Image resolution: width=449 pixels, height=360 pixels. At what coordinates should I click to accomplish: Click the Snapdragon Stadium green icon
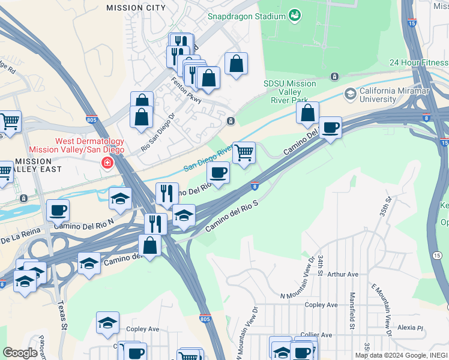point(294,14)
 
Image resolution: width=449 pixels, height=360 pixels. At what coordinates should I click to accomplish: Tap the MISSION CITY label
point(136,8)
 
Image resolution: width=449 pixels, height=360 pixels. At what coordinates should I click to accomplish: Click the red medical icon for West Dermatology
point(107,163)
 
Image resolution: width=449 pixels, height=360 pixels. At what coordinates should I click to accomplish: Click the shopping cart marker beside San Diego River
point(244,153)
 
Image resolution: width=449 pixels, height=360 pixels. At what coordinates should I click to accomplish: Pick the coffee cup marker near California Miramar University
point(330,128)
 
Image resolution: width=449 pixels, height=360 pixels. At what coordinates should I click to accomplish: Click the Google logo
point(20,353)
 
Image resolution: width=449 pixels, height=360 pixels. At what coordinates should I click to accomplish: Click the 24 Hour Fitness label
point(418,62)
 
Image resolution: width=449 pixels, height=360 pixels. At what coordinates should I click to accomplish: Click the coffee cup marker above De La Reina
point(58,210)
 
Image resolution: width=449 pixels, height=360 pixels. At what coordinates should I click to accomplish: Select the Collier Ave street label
point(316,335)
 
